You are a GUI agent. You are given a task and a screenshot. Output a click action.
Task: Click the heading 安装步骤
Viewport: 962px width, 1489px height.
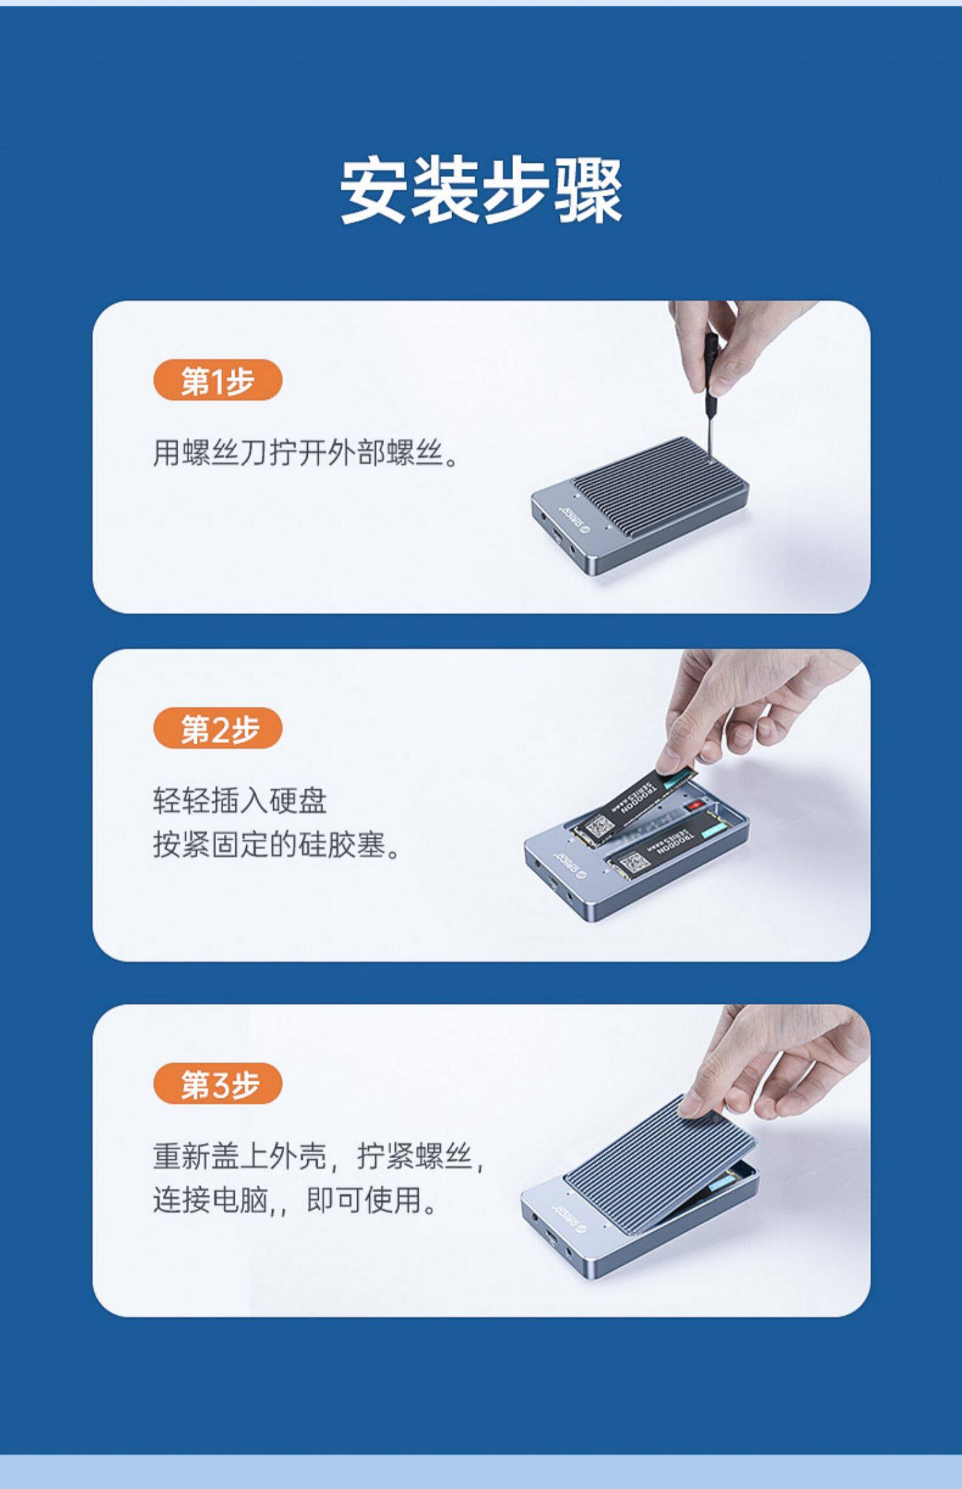[481, 190]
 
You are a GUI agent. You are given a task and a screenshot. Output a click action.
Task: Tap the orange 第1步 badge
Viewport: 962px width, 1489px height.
[217, 380]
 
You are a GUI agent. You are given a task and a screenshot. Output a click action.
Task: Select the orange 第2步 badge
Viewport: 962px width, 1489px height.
[217, 728]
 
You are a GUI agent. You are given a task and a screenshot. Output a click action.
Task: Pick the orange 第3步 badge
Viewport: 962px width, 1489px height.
[217, 1084]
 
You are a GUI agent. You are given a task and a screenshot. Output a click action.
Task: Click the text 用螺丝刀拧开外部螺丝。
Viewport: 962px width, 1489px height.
[305, 453]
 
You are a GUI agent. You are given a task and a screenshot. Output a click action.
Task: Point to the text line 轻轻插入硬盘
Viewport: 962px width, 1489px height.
[240, 801]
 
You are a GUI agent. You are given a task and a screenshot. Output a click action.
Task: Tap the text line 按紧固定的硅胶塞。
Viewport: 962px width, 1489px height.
[276, 845]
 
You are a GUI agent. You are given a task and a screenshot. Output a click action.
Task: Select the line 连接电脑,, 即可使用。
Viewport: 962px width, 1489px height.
[296, 1200]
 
